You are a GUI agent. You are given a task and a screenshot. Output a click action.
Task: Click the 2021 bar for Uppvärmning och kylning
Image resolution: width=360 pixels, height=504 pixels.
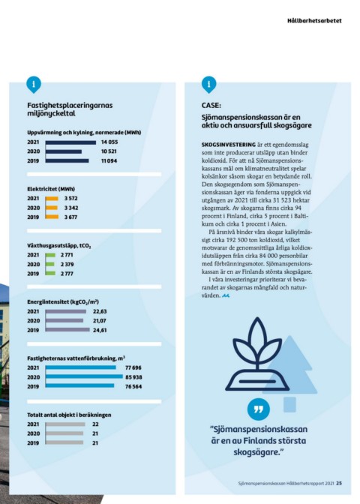click(x=70, y=142)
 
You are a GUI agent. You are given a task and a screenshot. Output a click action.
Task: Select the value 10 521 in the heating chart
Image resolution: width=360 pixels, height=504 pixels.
click(x=109, y=151)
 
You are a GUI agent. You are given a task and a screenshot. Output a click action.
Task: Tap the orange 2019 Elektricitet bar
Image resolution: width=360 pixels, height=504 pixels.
click(x=52, y=217)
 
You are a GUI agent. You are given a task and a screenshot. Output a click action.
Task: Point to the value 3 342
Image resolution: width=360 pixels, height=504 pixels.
click(x=71, y=208)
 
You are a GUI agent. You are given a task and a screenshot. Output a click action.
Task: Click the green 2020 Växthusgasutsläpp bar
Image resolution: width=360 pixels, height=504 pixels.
click(x=49, y=264)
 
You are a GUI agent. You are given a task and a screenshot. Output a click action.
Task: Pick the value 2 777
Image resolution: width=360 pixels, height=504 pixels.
click(x=67, y=274)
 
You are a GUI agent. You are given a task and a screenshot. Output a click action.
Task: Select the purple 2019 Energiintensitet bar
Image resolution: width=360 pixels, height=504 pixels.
click(x=67, y=330)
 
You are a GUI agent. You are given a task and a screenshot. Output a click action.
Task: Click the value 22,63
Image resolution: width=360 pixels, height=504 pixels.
click(x=100, y=311)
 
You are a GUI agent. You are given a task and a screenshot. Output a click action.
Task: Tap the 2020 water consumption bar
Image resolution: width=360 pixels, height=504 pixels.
click(x=84, y=376)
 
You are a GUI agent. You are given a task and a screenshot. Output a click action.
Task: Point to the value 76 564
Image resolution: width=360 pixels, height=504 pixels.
click(x=133, y=387)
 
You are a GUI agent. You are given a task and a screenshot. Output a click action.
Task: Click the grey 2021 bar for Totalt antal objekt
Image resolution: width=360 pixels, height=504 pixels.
click(x=65, y=424)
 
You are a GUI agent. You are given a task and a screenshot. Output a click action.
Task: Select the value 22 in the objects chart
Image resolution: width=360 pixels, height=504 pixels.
click(x=95, y=424)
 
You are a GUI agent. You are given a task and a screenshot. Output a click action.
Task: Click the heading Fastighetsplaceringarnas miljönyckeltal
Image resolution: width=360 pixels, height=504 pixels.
click(x=70, y=109)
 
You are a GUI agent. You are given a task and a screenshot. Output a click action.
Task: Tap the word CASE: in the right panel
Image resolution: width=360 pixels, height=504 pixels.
click(x=211, y=106)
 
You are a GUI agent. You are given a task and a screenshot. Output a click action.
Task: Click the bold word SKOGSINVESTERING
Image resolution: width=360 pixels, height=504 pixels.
click(x=229, y=145)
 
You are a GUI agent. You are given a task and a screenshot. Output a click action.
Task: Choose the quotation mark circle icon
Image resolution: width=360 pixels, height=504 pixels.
click(x=259, y=409)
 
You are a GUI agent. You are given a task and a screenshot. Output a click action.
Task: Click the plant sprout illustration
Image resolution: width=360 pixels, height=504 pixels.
click(x=257, y=353)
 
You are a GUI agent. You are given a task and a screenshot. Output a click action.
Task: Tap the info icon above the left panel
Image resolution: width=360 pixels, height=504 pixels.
click(x=34, y=85)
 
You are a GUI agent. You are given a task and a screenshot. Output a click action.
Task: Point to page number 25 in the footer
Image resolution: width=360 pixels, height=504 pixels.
click(x=339, y=483)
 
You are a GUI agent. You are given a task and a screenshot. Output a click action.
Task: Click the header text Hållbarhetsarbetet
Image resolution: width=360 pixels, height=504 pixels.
click(x=314, y=20)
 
